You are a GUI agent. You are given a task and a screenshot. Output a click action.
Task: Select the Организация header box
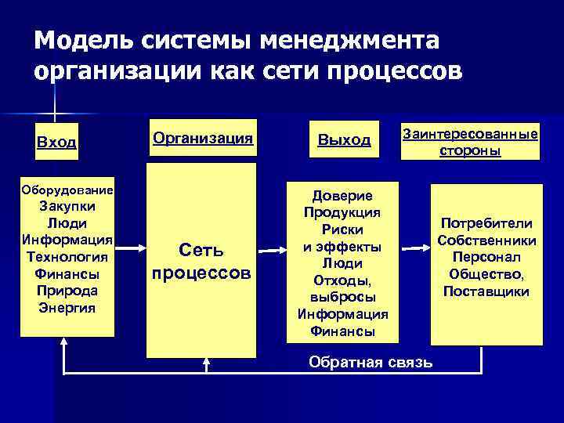(x=203, y=139)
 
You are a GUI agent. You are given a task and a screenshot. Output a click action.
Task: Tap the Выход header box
(x=344, y=140)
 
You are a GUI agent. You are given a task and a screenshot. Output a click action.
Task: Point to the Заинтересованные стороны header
(x=470, y=142)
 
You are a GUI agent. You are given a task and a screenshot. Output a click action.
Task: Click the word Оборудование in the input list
(x=67, y=190)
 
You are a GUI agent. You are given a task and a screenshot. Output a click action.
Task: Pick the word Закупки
(x=67, y=208)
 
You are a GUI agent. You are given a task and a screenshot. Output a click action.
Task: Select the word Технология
(x=67, y=257)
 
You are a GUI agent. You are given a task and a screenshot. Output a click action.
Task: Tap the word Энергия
(x=67, y=306)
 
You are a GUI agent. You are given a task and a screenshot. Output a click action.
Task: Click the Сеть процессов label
(x=201, y=262)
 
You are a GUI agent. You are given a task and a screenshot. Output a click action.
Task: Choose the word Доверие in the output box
(x=343, y=196)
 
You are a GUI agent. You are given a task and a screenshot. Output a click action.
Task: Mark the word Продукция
(x=343, y=212)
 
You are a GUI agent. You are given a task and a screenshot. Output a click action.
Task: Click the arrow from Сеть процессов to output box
(x=275, y=251)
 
